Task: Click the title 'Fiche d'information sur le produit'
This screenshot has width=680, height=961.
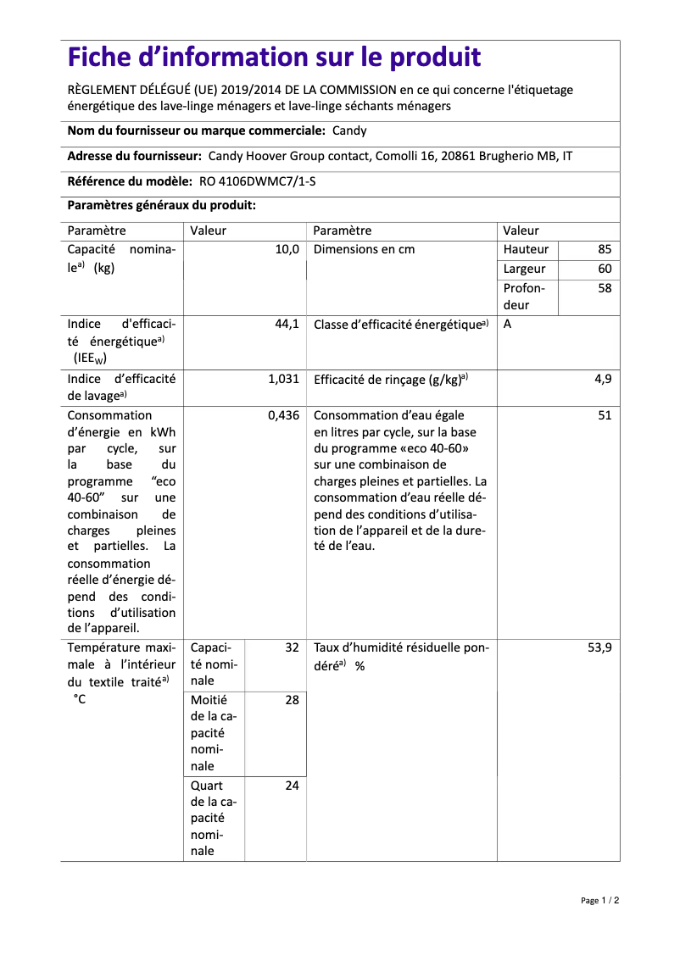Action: [x=274, y=58]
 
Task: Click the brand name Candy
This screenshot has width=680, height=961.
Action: [x=349, y=131]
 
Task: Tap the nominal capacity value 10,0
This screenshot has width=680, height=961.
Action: [x=287, y=249]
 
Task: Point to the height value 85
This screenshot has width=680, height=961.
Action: [x=604, y=249]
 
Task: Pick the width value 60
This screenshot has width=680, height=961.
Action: [x=604, y=269]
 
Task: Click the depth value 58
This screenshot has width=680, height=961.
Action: [x=604, y=288]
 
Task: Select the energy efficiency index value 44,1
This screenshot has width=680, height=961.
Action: [x=287, y=324]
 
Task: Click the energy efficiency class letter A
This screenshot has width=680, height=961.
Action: [x=507, y=325]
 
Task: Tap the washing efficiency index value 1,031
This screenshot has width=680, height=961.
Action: [x=283, y=379]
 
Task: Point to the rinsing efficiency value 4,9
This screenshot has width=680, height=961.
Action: [x=602, y=379]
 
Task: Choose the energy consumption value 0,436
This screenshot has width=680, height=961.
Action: [x=283, y=415]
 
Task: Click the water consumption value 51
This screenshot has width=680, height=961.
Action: [x=604, y=415]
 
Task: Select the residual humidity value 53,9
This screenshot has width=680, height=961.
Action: [x=599, y=647]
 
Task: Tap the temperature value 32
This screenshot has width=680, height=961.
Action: [x=292, y=647]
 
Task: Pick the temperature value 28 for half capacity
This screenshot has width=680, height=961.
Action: [x=292, y=700]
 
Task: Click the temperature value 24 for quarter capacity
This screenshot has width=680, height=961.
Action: [x=292, y=786]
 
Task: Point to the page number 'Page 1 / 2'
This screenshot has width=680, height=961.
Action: [x=599, y=900]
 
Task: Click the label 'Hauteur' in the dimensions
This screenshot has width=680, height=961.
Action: [x=526, y=249]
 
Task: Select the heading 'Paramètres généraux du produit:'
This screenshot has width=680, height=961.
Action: [x=161, y=205]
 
